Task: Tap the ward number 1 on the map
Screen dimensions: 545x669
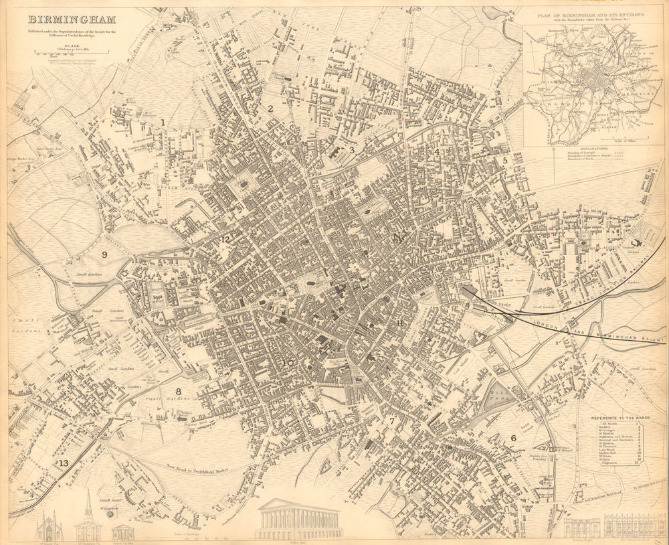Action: (163, 122)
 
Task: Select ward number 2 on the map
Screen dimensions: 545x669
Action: (270, 108)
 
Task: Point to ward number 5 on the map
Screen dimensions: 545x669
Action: (505, 161)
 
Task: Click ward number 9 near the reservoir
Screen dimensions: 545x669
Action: (104, 254)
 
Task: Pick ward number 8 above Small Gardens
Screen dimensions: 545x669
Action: (179, 392)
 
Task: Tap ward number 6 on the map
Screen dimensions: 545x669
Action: (513, 438)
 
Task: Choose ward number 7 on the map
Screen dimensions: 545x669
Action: (392, 421)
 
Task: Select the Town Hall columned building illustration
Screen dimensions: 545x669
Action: (298, 519)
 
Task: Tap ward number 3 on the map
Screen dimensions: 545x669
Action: (352, 150)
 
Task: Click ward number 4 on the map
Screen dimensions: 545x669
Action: (436, 151)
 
